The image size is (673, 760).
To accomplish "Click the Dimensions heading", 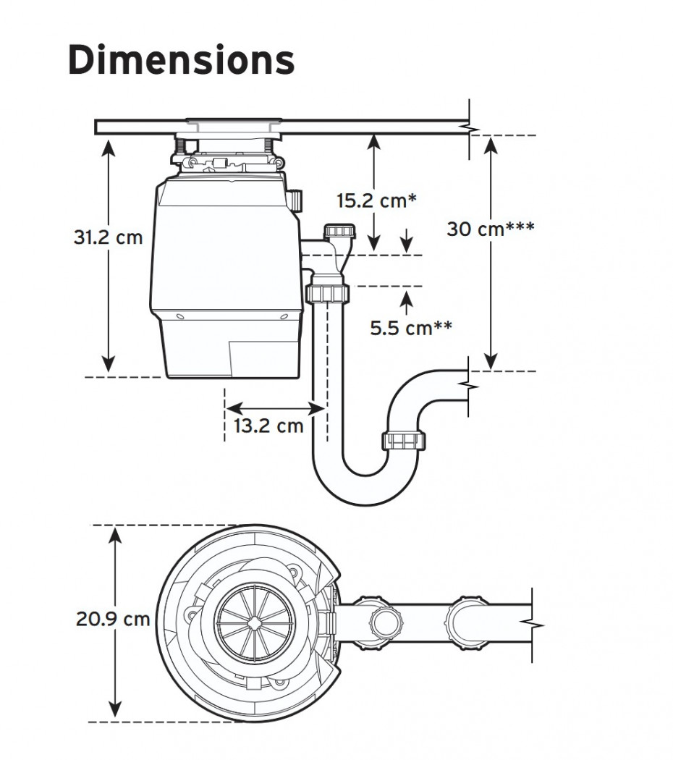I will pyautogui.click(x=181, y=61).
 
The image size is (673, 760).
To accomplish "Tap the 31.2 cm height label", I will pyautogui.click(x=108, y=237).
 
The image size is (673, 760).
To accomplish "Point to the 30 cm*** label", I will pyautogui.click(x=490, y=229).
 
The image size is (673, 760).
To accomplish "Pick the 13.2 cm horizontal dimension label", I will pyautogui.click(x=268, y=426).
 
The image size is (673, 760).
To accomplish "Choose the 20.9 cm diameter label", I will pyautogui.click(x=113, y=619).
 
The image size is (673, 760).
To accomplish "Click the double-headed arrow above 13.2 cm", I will pyautogui.click(x=274, y=408).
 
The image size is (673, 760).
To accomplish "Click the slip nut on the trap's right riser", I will pyautogui.click(x=404, y=439).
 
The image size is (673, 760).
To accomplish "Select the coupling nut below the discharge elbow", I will pyautogui.click(x=328, y=293).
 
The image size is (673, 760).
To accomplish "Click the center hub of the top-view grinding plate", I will pyautogui.click(x=254, y=622).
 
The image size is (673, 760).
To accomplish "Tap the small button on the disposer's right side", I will pyautogui.click(x=296, y=199).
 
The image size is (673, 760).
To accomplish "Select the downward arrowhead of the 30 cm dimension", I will pyautogui.click(x=491, y=362).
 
